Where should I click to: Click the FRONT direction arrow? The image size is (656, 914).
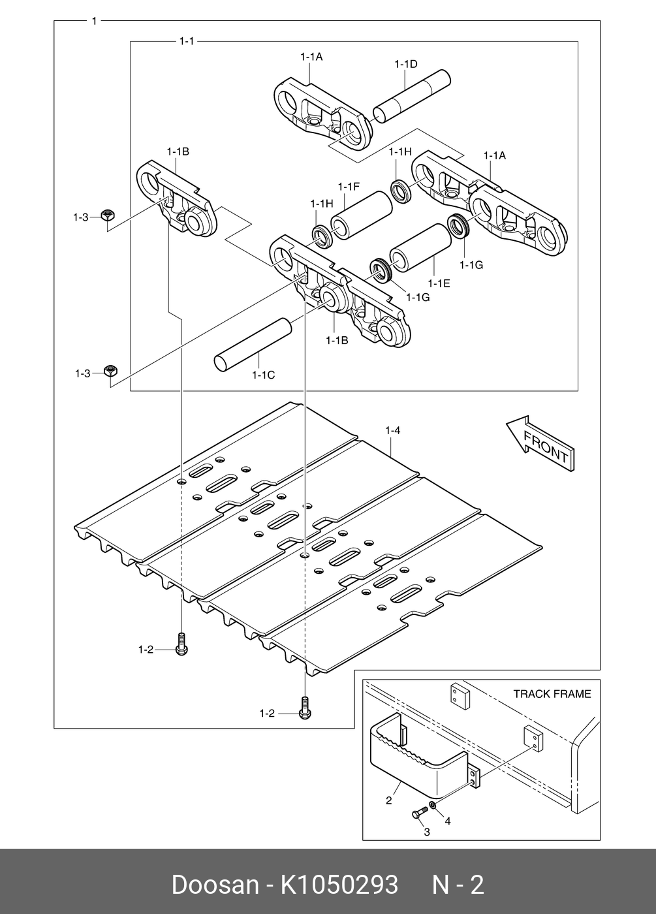tap(540, 443)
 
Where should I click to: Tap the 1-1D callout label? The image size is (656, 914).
tap(405, 64)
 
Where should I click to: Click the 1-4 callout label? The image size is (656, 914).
tap(392, 430)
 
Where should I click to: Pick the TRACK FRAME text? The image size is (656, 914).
tap(552, 693)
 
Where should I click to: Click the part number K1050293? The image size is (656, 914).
tap(339, 885)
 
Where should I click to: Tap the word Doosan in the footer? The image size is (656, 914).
tap(215, 885)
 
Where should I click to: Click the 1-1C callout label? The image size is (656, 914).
tap(263, 375)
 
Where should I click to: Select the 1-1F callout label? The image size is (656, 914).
tap(349, 187)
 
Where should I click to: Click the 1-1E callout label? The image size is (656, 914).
tap(439, 283)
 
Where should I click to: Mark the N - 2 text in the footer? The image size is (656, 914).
tap(458, 885)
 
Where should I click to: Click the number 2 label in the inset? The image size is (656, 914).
tap(388, 800)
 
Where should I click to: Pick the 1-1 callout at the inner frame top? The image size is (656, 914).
tap(186, 41)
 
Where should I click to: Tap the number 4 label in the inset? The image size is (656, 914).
tap(447, 821)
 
